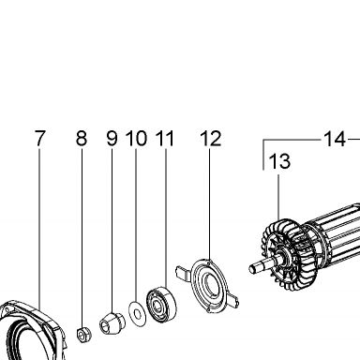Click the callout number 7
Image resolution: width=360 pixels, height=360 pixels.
[x=39, y=138]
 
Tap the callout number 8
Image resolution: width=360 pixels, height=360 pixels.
[x=82, y=138]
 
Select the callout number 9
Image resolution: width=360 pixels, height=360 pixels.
[x=112, y=138]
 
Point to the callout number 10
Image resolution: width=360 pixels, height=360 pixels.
[x=136, y=138]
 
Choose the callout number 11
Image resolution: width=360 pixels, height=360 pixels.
[x=165, y=138]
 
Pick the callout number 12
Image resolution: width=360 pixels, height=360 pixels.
[x=211, y=138]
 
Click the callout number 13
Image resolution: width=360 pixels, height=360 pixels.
[x=279, y=161]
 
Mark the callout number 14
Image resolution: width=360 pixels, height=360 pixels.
[x=335, y=139]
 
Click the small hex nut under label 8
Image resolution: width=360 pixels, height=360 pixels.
[x=83, y=336]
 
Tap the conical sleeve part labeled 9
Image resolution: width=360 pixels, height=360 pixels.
[x=112, y=323]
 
